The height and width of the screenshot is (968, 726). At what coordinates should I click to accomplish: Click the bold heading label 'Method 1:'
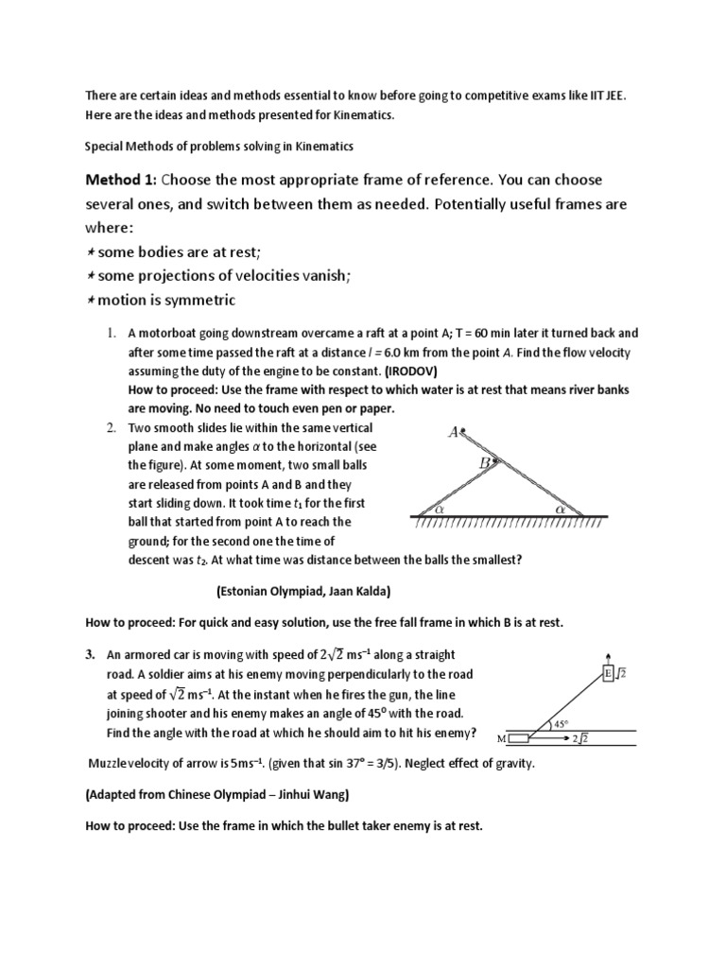(120, 181)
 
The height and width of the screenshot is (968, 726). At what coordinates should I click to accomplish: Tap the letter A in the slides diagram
(454, 432)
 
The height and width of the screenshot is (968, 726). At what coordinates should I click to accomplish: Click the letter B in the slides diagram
(484, 463)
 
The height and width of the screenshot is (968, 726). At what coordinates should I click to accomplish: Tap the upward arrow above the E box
(608, 655)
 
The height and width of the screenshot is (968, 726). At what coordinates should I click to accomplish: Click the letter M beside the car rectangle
(501, 738)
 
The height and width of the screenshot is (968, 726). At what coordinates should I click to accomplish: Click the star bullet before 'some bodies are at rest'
(89, 252)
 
